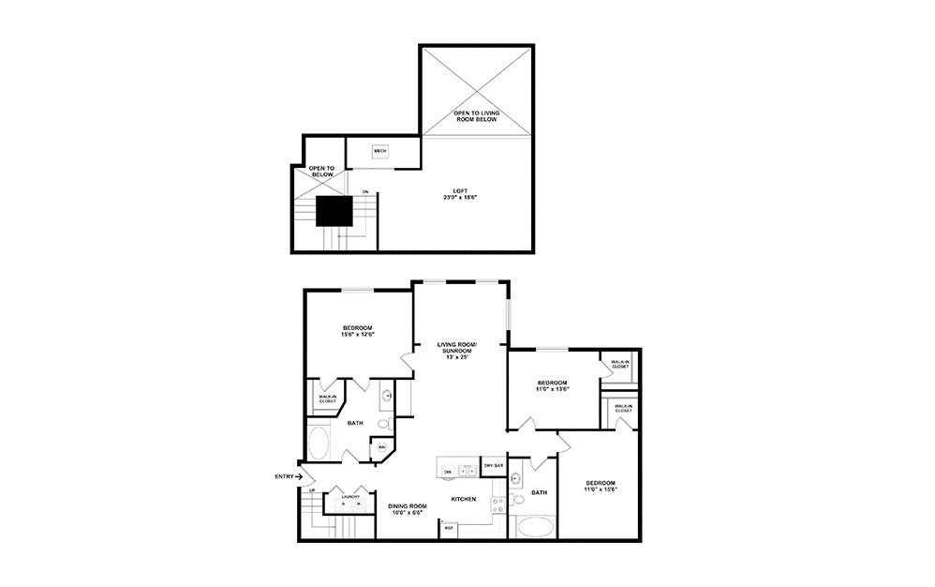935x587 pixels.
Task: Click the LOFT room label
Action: (459, 194)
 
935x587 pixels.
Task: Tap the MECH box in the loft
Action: (379, 151)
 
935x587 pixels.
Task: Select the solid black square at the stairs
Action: (333, 211)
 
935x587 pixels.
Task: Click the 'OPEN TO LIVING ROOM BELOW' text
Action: (476, 116)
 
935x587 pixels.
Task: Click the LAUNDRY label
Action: (350, 496)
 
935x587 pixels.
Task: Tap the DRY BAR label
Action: (492, 466)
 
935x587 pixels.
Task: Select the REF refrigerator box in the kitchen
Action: (449, 528)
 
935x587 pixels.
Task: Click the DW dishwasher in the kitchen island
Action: (449, 471)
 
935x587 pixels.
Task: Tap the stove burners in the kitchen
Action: (498, 507)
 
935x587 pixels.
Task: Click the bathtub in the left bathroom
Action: (319, 443)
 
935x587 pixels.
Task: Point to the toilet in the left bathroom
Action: (384, 424)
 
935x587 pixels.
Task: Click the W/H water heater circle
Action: (382, 448)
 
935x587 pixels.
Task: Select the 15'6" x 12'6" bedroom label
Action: (357, 331)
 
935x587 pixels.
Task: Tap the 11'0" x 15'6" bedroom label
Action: (599, 487)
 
